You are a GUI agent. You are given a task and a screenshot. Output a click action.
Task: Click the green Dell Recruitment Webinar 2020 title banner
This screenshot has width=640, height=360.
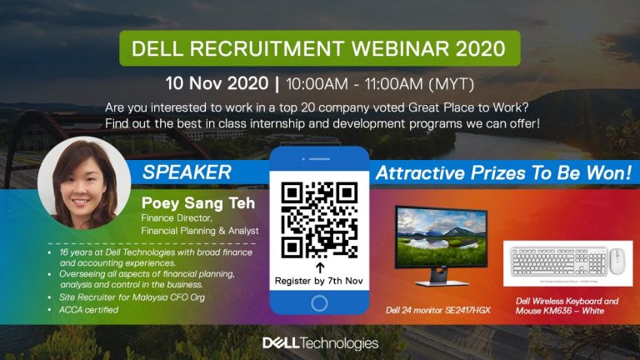(320, 48)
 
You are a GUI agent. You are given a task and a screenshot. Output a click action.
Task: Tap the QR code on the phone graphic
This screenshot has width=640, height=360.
(320, 219)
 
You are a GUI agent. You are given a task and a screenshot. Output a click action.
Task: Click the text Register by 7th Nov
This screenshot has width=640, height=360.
(320, 281)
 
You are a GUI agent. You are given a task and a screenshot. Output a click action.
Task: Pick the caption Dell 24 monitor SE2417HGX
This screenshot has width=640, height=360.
(432, 309)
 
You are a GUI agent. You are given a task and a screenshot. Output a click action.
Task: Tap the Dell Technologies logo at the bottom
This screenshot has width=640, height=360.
(320, 342)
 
